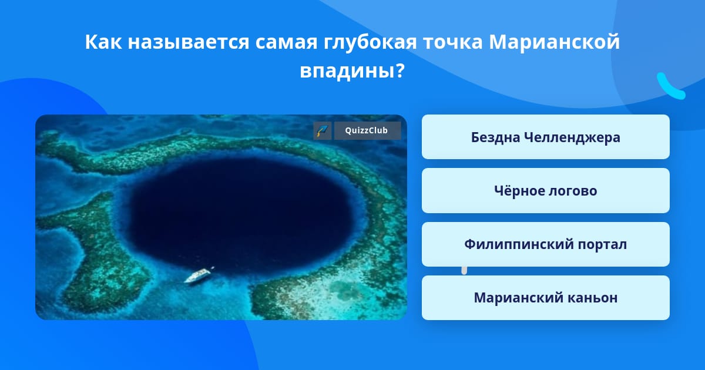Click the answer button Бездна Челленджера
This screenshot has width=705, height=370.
click(x=545, y=137)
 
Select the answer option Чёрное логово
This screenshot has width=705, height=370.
click(x=545, y=191)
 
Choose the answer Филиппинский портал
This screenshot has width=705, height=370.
click(x=545, y=244)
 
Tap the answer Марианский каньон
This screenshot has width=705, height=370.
click(x=545, y=298)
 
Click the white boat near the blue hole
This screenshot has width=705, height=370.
click(x=199, y=275)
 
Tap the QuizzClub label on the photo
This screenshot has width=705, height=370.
click(x=367, y=130)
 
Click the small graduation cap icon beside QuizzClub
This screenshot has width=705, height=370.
click(x=323, y=130)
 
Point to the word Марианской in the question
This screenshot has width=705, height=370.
click(x=554, y=42)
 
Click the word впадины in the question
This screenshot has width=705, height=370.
click(x=351, y=70)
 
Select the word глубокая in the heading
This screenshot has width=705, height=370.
click(x=370, y=42)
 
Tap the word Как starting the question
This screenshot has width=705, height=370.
click(x=103, y=42)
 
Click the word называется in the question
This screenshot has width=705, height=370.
click(x=189, y=42)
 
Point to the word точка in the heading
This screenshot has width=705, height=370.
click(x=452, y=42)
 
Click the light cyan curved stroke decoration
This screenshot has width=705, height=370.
click(x=670, y=87)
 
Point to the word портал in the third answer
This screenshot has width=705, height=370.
click(x=602, y=245)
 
